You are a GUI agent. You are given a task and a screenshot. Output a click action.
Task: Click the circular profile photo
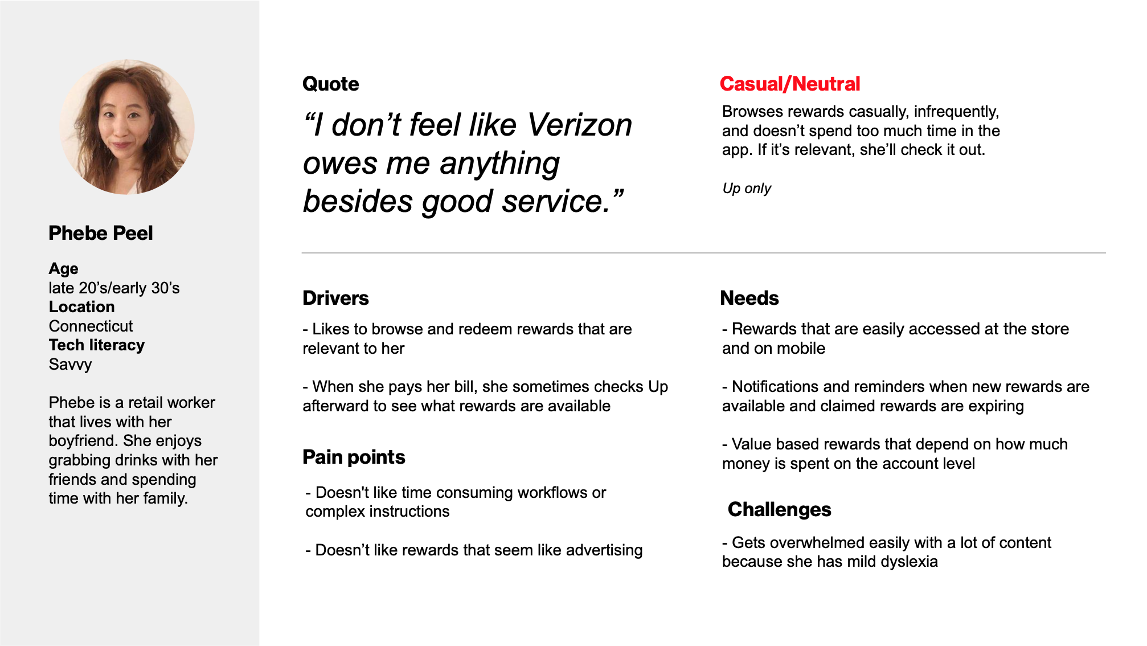coord(127,127)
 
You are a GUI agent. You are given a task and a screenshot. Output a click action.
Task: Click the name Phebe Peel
coord(101,233)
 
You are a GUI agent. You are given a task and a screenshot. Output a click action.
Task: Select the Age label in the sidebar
coord(64,268)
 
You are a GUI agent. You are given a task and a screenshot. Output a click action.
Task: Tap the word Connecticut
coord(91,326)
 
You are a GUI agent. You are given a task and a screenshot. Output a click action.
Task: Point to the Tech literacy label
coord(97,345)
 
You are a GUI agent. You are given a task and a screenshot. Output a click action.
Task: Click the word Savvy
coord(70,365)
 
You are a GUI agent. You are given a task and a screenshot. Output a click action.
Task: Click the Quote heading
coord(331,84)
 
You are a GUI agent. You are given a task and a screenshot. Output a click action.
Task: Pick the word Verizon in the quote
coord(580,125)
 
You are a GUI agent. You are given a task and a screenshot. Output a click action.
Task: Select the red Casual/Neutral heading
coord(790,84)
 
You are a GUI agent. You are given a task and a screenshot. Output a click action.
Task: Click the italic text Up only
coord(747,189)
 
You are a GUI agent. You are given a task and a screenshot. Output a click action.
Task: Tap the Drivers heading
coord(336,298)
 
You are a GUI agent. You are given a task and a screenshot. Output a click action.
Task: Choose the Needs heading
coord(749,298)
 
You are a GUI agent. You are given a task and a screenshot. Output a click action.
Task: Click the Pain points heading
coord(354,457)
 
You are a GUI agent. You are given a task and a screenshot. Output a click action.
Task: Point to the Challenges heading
coord(780,509)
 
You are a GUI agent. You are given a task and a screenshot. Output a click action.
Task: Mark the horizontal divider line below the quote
coord(704,252)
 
